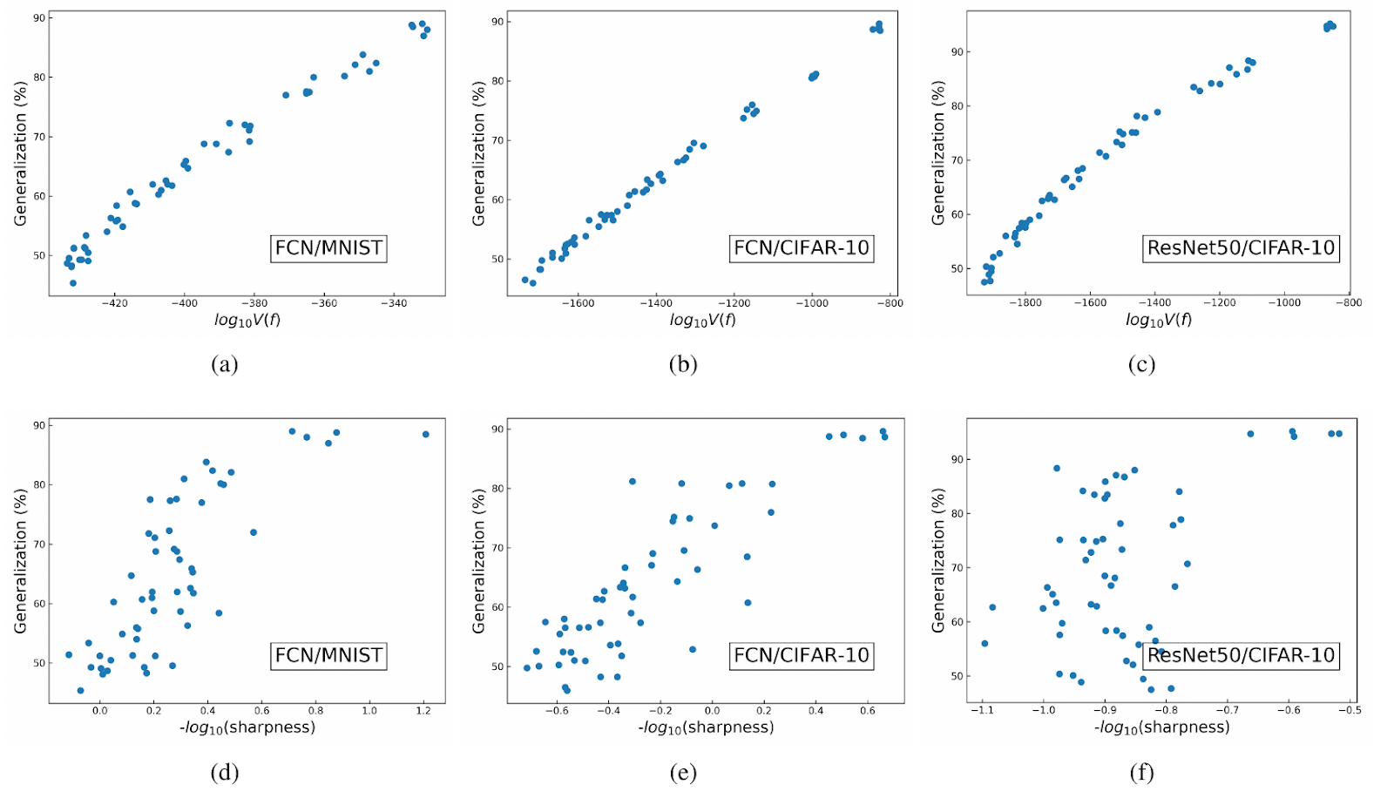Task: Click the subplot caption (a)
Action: pyautogui.click(x=224, y=364)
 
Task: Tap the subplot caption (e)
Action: pyautogui.click(x=683, y=772)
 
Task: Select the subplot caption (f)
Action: pyautogui.click(x=1141, y=772)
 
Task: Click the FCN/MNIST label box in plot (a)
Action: pyautogui.click(x=328, y=248)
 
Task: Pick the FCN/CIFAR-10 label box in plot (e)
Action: pyautogui.click(x=802, y=655)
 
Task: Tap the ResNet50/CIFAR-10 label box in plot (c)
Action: pyautogui.click(x=1241, y=248)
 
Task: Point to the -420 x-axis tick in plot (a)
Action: pyautogui.click(x=114, y=303)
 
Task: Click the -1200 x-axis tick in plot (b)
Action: pyautogui.click(x=734, y=303)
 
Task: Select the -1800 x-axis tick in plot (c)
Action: pyautogui.click(x=1025, y=303)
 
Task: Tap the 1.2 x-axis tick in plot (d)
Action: pyautogui.click(x=423, y=710)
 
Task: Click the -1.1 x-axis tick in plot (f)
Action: pyautogui.click(x=983, y=710)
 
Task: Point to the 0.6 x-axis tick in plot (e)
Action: pyautogui.click(x=868, y=710)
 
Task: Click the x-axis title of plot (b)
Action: pyautogui.click(x=702, y=320)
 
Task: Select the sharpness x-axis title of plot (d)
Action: pyautogui.click(x=247, y=727)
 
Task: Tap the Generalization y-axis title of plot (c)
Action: pyautogui.click(x=938, y=152)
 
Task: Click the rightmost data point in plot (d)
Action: pyautogui.click(x=426, y=434)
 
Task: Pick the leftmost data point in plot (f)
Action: pyautogui.click(x=985, y=644)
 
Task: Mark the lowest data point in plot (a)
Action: pyautogui.click(x=73, y=283)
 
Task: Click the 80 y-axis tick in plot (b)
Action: pyautogui.click(x=497, y=81)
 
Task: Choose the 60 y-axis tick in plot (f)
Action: pyautogui.click(x=956, y=622)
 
